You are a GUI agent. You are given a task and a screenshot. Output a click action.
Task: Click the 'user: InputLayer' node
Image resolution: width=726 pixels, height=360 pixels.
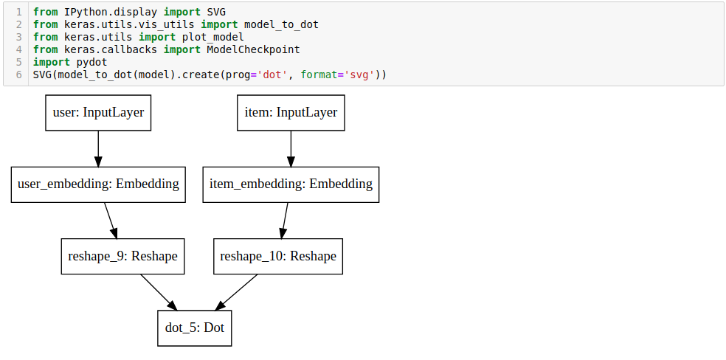98,113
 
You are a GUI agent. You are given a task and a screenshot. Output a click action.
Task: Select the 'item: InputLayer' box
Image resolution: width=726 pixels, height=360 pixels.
291,113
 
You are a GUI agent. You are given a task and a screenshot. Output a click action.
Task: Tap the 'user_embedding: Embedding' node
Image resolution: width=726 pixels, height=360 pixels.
98,184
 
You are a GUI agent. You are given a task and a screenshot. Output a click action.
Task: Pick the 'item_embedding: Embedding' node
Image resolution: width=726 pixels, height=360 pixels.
291,184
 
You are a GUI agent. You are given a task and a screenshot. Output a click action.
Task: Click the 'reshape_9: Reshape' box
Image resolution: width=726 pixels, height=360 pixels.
122,256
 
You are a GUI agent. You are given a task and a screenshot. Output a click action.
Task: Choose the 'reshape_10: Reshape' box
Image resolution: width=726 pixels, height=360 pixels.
278,256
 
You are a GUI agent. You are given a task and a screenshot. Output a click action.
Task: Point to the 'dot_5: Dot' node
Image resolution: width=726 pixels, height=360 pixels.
195,328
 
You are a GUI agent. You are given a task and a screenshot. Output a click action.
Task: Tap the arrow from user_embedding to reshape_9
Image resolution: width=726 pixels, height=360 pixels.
111,220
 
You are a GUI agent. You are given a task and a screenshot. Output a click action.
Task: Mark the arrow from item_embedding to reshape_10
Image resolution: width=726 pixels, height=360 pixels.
284,220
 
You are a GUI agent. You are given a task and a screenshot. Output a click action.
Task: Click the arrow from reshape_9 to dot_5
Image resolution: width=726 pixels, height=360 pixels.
158,291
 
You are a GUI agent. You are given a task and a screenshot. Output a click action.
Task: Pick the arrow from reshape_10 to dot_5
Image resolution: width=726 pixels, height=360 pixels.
237,291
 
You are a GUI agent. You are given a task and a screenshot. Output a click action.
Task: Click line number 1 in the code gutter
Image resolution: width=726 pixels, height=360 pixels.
18,13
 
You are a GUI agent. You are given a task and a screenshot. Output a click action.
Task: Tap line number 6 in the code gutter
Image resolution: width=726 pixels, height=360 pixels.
18,75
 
